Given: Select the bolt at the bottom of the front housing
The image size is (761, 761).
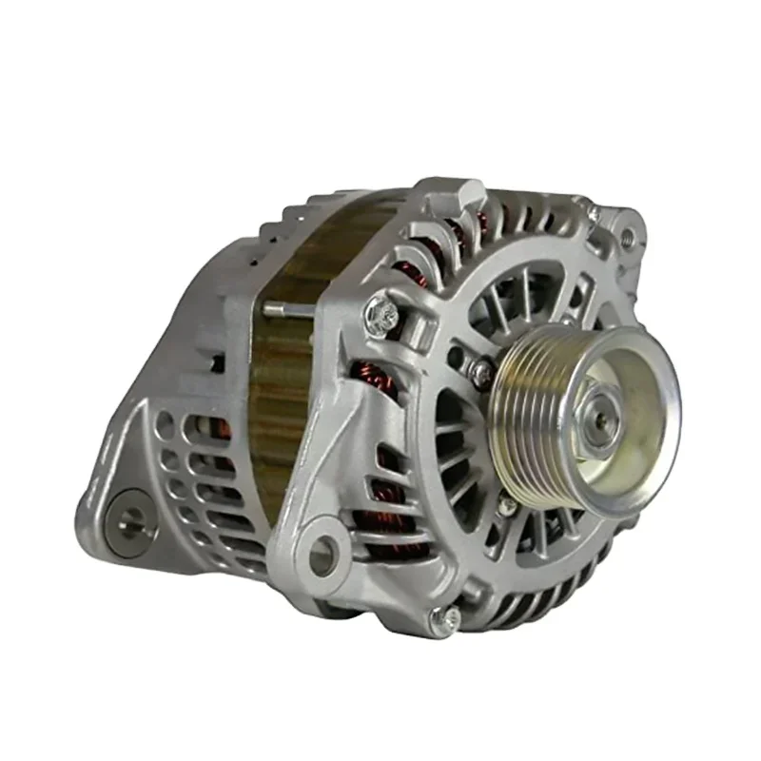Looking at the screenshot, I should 445,619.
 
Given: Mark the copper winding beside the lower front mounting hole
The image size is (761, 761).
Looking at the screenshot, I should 380,533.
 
